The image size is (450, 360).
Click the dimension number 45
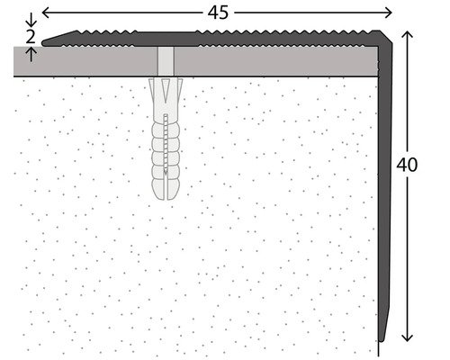click(x=218, y=13)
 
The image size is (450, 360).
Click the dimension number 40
click(x=407, y=165)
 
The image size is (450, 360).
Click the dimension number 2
click(x=31, y=37)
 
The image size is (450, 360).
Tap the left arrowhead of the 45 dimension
click(x=45, y=13)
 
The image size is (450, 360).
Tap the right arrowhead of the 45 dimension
click(x=389, y=13)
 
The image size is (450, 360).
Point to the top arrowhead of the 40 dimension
click(x=407, y=34)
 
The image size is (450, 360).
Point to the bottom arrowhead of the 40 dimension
click(x=407, y=337)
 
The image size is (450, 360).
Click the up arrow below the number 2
click(x=31, y=54)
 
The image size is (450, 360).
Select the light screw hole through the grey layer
click(x=166, y=61)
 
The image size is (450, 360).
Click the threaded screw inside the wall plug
click(x=166, y=144)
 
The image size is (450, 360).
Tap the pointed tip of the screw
click(x=166, y=173)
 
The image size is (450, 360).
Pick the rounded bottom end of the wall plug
click(x=166, y=196)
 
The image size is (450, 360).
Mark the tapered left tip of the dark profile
click(x=43, y=43)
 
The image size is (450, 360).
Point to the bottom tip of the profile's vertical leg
click(x=381, y=339)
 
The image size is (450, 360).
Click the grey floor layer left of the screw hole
click(x=85, y=61)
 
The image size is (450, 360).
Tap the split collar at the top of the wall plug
click(x=166, y=90)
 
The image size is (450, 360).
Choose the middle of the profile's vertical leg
click(x=385, y=192)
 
